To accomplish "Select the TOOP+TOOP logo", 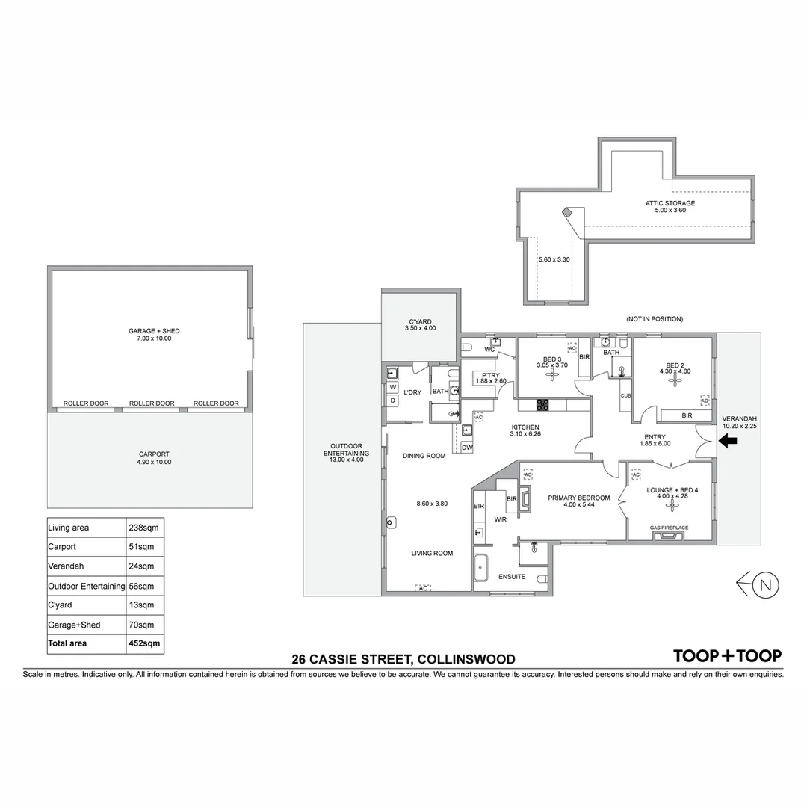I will coord(727,655).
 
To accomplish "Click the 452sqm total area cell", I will coord(145,643).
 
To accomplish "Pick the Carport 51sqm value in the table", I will coord(145,546).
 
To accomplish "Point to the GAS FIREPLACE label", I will coord(669,528).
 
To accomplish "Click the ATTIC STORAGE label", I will coord(670,203).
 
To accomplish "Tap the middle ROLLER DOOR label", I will coord(152,403).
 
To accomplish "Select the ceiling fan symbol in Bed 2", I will coord(675,382).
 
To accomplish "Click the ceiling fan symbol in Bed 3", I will coord(553,376).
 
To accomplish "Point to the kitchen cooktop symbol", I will coord(542,405).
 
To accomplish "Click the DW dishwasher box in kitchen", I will coord(467,448).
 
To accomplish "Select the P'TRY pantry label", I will coord(490,375).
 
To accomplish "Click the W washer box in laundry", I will coord(392,387).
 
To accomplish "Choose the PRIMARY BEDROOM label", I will coord(578,498).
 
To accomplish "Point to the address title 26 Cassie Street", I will coord(403,659).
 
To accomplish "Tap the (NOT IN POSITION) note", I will coord(654,319).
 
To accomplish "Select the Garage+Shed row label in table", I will coord(74,625).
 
